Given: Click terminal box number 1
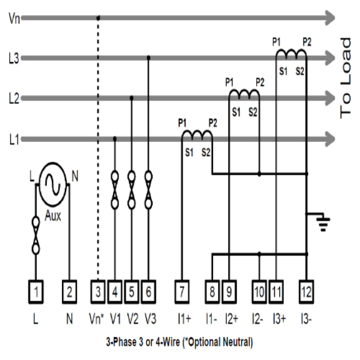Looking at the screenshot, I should point(37,290).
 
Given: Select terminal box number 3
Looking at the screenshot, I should point(98,290).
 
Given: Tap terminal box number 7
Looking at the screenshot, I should point(182,290).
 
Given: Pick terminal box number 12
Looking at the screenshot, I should point(306,290).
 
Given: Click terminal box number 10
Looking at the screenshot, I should point(259,290).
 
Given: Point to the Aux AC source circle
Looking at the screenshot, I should point(52,184).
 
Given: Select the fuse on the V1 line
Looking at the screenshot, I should point(114,189).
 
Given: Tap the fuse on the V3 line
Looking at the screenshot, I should point(148,189).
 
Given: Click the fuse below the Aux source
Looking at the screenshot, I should point(36,235).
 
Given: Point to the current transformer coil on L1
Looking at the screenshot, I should point(197,134).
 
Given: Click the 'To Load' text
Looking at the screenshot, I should point(347,78).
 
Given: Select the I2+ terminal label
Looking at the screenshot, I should point(231,319).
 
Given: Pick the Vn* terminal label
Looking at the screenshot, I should point(97,319).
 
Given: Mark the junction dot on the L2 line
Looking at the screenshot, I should point(131,98).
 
